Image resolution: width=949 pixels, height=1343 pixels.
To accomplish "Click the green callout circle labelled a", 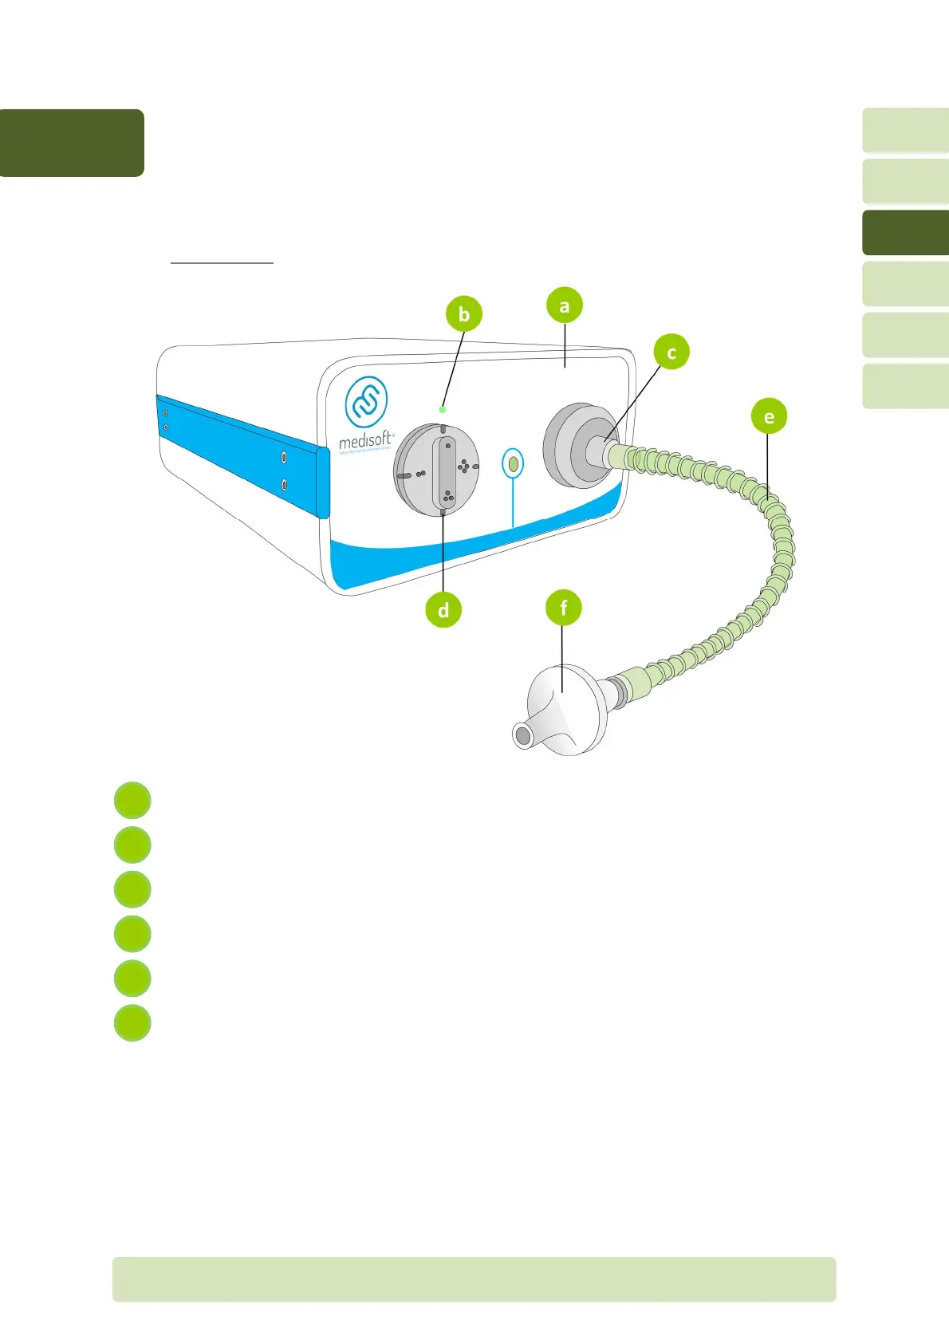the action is coord(565,305).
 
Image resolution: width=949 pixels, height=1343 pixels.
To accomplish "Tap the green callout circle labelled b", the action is coord(464,314).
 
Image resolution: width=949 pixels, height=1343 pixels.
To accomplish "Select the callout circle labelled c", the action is coord(671,352).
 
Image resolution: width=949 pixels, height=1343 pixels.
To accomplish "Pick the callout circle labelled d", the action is coord(443,610).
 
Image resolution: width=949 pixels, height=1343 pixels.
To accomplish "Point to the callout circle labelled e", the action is coord(769,416).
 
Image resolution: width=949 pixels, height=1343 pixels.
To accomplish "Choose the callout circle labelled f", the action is coord(564,608).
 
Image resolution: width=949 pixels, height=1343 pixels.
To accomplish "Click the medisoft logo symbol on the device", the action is coord(366,401).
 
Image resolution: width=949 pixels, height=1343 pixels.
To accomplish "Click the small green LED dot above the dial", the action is coord(443,409).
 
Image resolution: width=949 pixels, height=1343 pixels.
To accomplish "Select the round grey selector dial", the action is coord(437,470).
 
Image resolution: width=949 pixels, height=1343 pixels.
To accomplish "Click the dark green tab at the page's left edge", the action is coord(72,143).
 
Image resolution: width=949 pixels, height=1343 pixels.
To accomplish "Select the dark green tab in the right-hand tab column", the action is coord(905,232).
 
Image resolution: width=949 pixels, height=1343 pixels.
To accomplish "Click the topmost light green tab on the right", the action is coord(905,130).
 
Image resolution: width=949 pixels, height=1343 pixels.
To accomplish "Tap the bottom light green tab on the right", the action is coord(905,386).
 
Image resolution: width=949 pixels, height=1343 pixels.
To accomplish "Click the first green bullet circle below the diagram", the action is coord(132,801).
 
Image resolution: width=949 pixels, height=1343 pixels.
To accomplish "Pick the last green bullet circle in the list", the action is coord(132,1023).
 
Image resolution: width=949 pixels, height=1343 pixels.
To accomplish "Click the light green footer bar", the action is coord(474,1279).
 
